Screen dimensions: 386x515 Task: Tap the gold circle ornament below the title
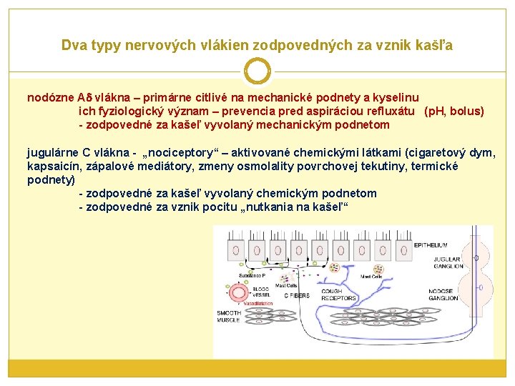tap(257, 71)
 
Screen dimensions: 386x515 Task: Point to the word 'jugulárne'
tap(51, 152)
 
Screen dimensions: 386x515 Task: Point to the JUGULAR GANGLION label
tap(448, 262)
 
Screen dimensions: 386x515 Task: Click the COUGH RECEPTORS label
tap(338, 295)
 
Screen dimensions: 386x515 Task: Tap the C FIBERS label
tap(298, 295)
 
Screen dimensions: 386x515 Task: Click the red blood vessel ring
tap(241, 293)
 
